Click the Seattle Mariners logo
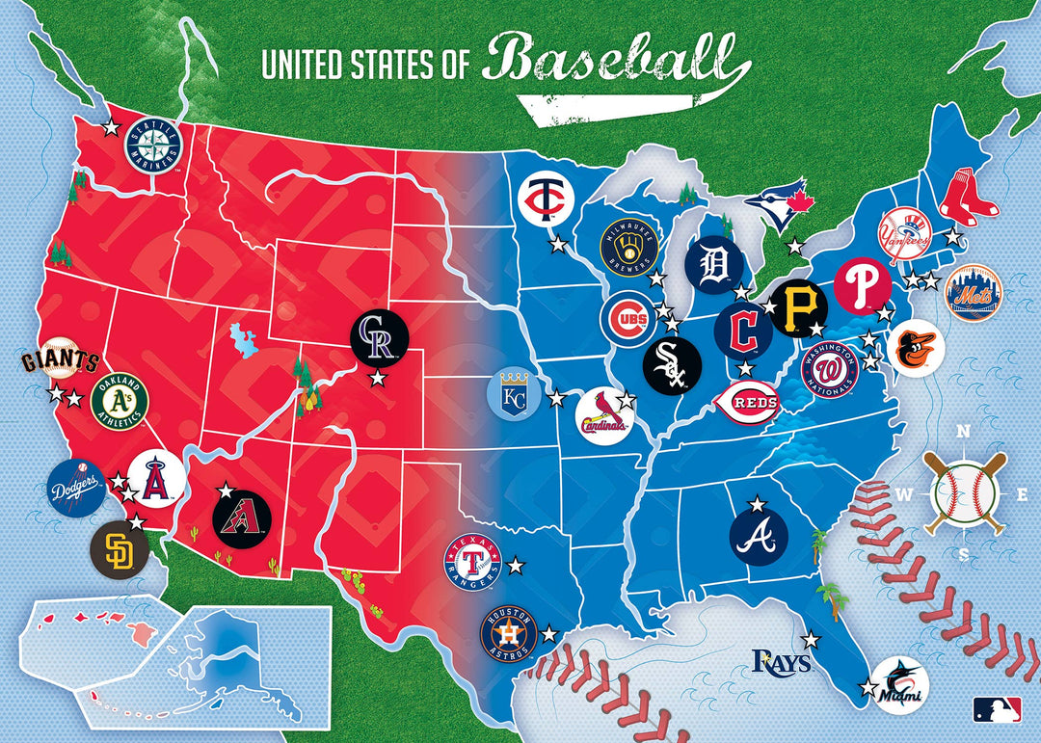pyautogui.click(x=154, y=146)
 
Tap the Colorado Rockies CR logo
pyautogui.click(x=380, y=339)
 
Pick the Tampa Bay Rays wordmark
pyautogui.click(x=781, y=661)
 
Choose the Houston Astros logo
pyautogui.click(x=508, y=634)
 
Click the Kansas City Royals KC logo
pyautogui.click(x=515, y=395)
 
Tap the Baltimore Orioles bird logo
pyautogui.click(x=916, y=348)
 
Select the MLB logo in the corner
pyautogui.click(x=996, y=710)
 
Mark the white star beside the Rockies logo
pyautogui.click(x=377, y=380)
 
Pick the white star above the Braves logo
pyautogui.click(x=758, y=503)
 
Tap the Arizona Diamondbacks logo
pyautogui.click(x=241, y=517)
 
